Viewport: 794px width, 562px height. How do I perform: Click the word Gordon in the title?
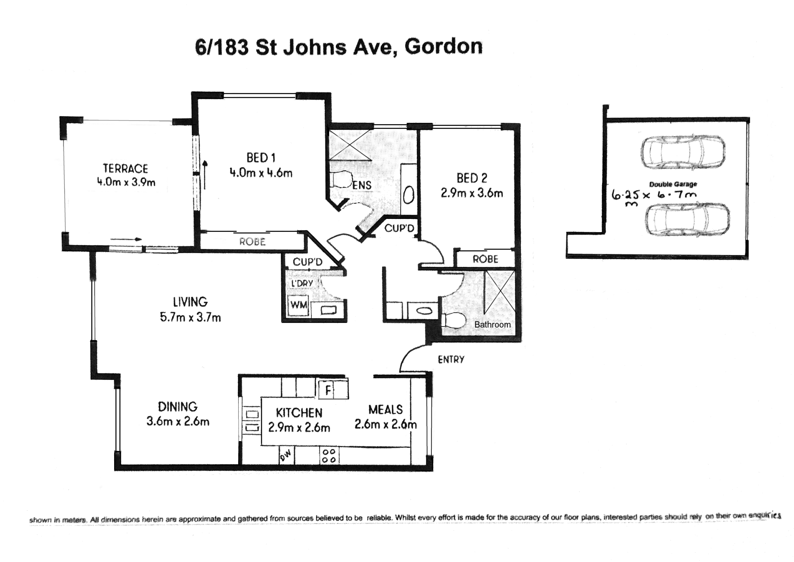[x=443, y=46]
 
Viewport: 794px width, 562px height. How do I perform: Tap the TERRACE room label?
[x=125, y=168]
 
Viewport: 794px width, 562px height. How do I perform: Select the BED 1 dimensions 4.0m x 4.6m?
[x=261, y=173]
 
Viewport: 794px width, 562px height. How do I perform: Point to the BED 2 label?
[x=472, y=178]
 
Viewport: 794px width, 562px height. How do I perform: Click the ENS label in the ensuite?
[x=362, y=185]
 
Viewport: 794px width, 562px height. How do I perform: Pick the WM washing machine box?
[x=299, y=305]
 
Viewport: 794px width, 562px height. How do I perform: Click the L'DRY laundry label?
[x=302, y=283]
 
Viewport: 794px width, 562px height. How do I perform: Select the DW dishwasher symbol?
[x=286, y=456]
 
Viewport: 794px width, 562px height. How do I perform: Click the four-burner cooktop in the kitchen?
[x=329, y=456]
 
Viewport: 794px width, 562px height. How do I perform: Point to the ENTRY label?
[x=451, y=359]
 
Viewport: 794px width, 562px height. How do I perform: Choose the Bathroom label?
[x=493, y=324]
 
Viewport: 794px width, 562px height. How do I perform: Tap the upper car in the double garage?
[x=683, y=152]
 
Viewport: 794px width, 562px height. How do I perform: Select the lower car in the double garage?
[x=687, y=220]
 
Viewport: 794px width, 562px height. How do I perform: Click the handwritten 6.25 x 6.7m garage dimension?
[x=653, y=196]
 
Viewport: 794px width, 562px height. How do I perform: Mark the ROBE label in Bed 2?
[x=485, y=259]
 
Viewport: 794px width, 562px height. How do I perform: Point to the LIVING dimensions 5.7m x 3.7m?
[x=190, y=317]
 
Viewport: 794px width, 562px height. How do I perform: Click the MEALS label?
[x=385, y=409]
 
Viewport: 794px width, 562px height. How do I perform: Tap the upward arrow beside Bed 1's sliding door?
[x=205, y=175]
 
